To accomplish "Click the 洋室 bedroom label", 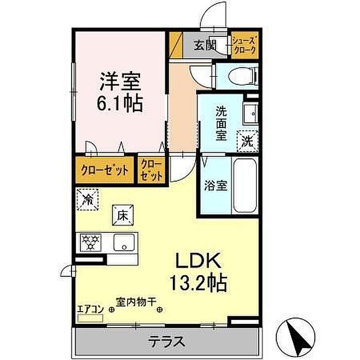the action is tap(120, 81).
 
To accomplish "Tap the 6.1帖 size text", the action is tap(120, 103).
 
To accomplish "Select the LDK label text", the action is tap(199, 261).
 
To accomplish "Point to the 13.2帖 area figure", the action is tap(199, 283).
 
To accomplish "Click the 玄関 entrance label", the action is tap(205, 45).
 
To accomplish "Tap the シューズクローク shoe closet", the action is tap(245, 45).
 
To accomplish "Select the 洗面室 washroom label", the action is tap(221, 123).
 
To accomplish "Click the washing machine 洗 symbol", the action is tap(247, 141).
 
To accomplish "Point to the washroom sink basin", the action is tap(250, 114).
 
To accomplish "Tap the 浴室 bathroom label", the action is tap(215, 186).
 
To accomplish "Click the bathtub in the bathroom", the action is tap(245, 186).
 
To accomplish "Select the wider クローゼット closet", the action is tap(105, 170).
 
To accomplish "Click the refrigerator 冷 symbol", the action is tap(88, 200).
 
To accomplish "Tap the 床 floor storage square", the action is tap(122, 215).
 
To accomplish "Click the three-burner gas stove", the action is tap(91, 242).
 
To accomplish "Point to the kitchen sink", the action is tap(124, 242).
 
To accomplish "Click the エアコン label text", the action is tap(91, 310).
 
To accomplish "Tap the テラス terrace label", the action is tap(167, 342).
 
